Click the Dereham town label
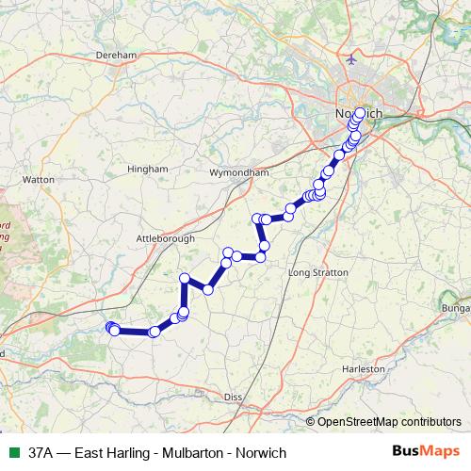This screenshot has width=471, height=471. tap(118, 56)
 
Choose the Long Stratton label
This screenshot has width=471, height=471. tap(318, 272)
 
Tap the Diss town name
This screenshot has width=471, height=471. tap(234, 398)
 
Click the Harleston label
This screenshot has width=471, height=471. tap(365, 369)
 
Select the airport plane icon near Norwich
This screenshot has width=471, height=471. tap(352, 59)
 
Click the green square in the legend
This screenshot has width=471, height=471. tap(12, 452)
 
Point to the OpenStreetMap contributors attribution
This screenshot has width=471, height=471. tap(388, 422)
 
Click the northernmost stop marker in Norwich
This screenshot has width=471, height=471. tap(359, 113)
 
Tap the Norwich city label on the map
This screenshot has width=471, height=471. tap(358, 114)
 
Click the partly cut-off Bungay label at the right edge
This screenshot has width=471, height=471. tap(456, 308)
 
